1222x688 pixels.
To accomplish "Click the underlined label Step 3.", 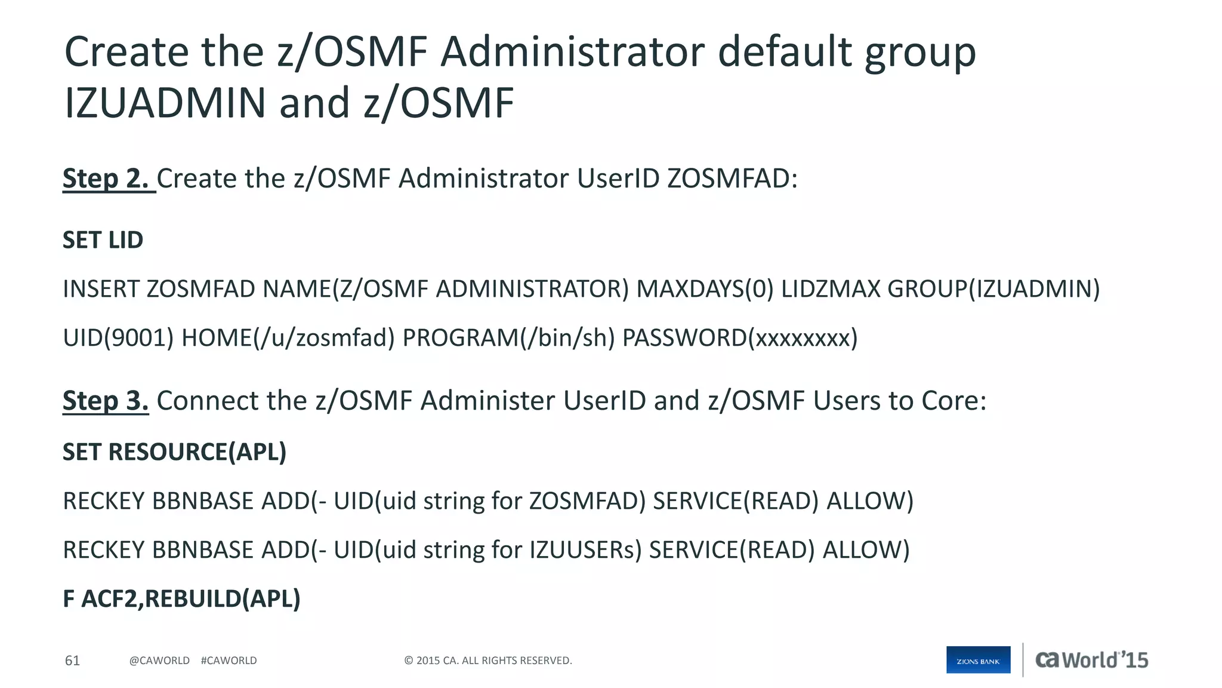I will (x=106, y=401).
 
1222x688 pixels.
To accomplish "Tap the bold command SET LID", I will (x=103, y=240).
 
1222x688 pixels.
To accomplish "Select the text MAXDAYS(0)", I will (x=705, y=289).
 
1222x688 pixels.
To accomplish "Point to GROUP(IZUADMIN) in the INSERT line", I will (x=993, y=289).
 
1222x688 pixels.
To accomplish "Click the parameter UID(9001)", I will (x=118, y=338).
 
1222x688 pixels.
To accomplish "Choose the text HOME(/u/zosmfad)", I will (x=288, y=338).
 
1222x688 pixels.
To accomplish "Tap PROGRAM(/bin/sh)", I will (x=508, y=338).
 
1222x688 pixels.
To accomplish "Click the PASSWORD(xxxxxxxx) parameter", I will (x=740, y=338).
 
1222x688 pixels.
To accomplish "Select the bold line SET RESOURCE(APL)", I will (x=175, y=452).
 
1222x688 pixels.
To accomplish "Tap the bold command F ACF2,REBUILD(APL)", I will (x=181, y=599).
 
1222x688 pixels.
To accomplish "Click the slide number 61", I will (x=72, y=661).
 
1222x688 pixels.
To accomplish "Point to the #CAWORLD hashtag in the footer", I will (x=229, y=661).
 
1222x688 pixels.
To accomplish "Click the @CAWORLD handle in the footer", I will (x=159, y=661).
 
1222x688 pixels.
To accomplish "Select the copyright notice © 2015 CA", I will (x=488, y=661).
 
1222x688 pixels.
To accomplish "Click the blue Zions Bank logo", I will (x=978, y=661).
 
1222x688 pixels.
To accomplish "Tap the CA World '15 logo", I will (x=1091, y=660).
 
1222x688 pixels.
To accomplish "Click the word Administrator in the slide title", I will (x=572, y=52).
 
